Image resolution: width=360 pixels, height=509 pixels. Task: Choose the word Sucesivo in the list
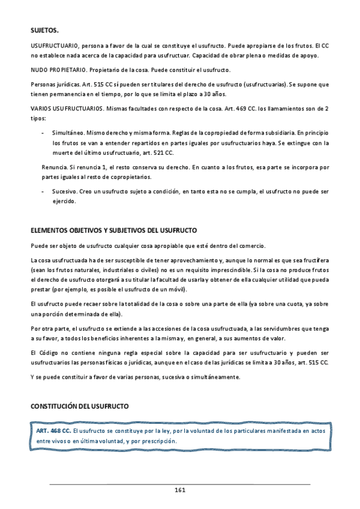tap(64, 191)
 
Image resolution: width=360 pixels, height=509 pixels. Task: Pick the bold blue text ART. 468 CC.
tap(54, 430)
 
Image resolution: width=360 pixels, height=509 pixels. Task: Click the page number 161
tap(179, 490)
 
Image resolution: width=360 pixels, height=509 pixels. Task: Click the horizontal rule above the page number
tap(179, 484)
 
